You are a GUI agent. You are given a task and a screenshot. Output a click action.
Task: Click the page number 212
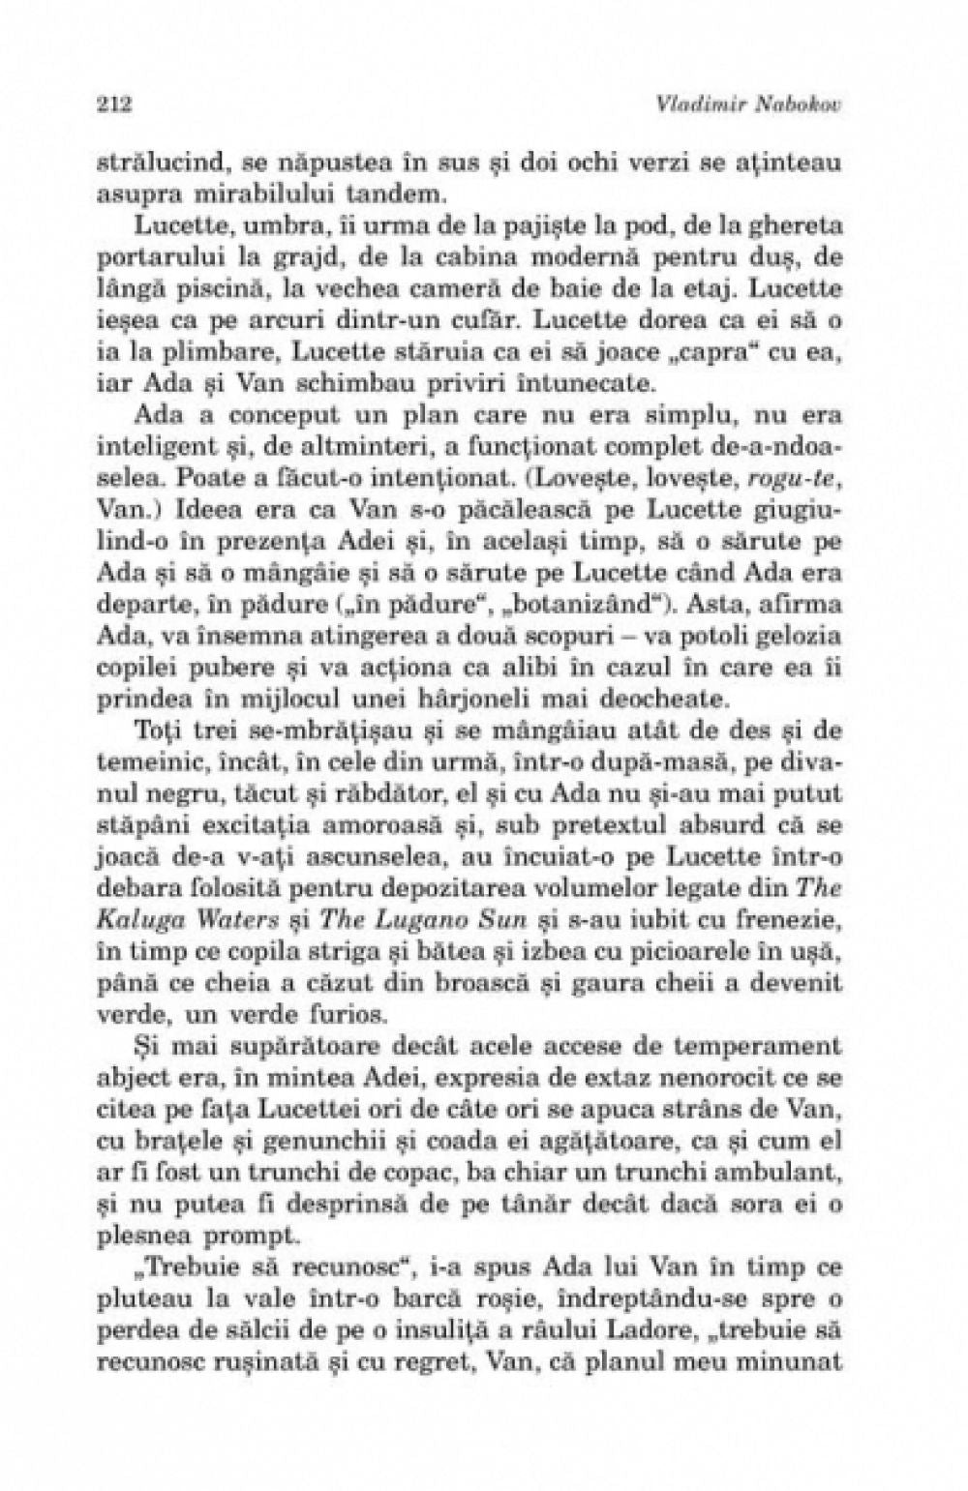click(x=114, y=104)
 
